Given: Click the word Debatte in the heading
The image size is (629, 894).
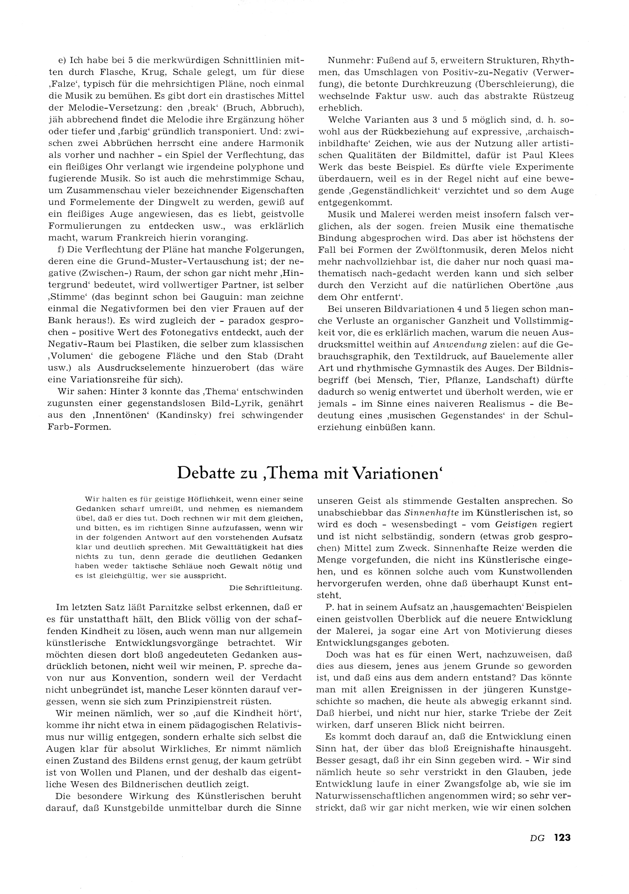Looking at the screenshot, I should [x=206, y=473].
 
